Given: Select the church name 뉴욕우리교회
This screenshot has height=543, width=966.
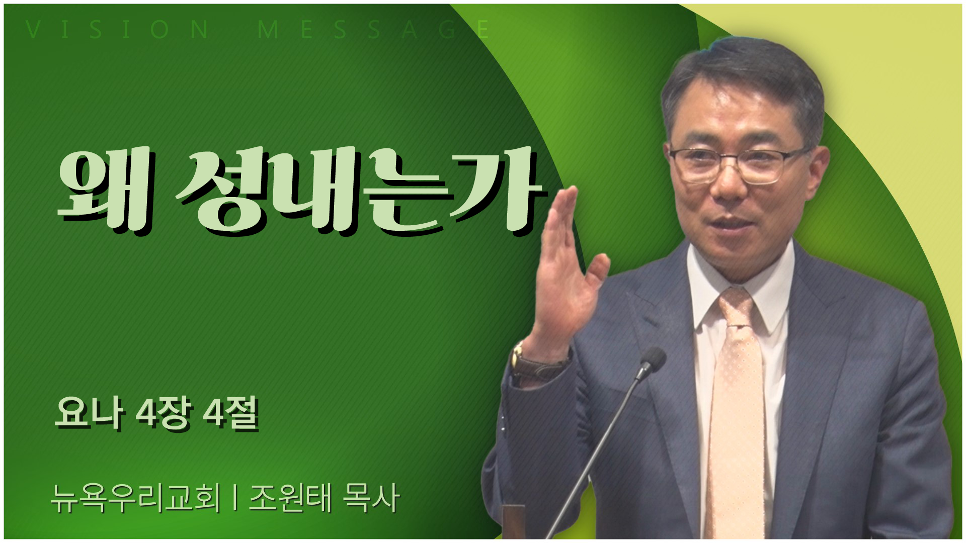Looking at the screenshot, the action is click(x=136, y=499).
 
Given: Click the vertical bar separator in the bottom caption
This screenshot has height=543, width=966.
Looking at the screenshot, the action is click(x=235, y=499).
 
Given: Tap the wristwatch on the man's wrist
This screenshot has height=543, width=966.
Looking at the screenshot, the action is click(x=533, y=361).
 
